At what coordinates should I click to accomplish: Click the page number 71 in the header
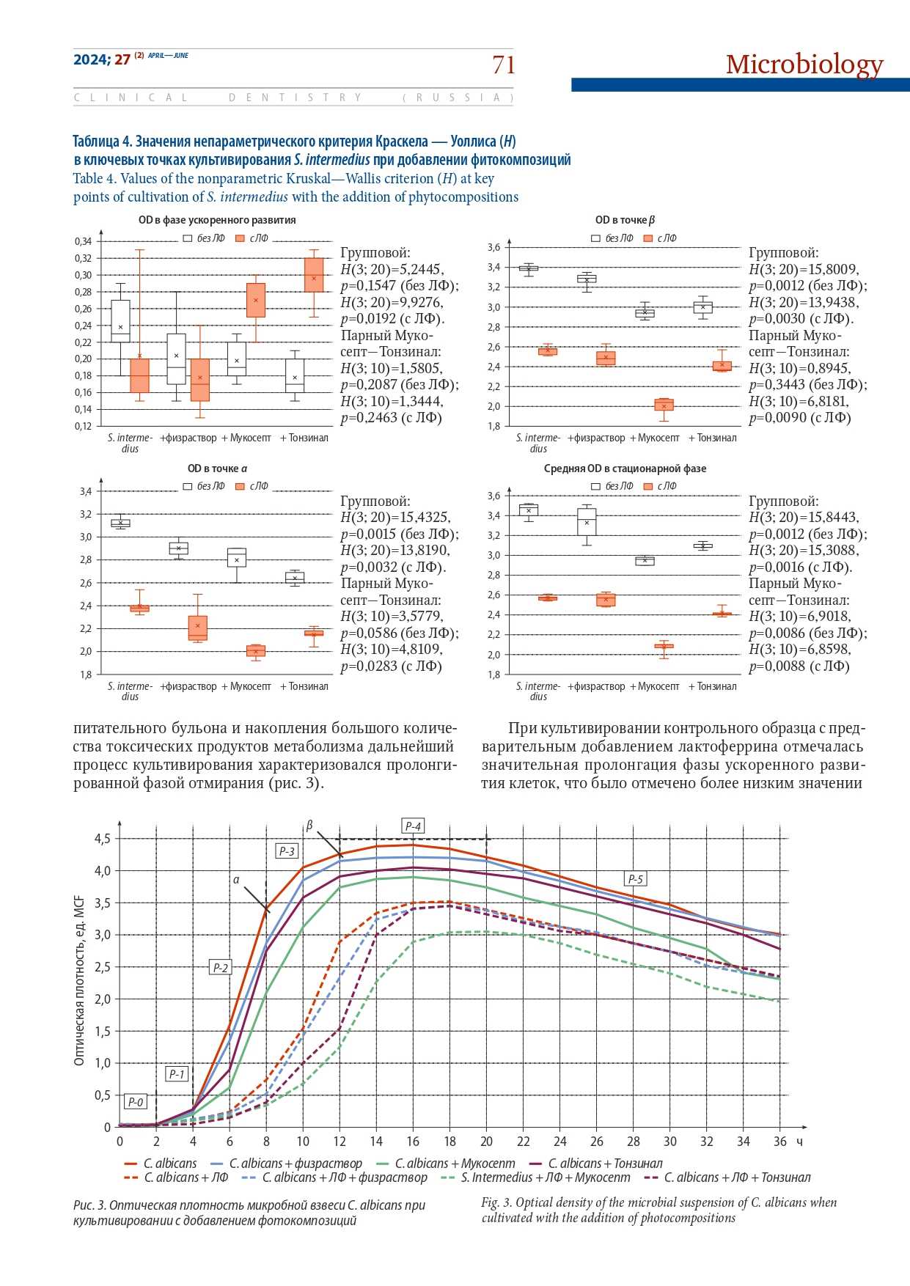504,65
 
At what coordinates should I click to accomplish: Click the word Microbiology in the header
804,65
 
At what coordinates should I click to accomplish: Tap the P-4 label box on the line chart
414,826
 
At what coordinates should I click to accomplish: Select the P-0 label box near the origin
136,1101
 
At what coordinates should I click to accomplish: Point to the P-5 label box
635,879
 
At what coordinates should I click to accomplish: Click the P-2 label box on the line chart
220,967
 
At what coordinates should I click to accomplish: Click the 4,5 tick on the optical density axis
103,839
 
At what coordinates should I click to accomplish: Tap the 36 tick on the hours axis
780,1142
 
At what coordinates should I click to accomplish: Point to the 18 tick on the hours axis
450,1142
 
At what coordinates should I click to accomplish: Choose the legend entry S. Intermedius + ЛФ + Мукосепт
546,1177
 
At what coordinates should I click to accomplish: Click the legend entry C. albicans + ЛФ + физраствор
344,1177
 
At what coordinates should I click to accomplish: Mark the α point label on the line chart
236,879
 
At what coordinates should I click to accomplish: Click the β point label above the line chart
309,826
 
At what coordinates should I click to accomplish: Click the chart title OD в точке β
625,220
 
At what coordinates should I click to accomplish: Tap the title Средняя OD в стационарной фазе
625,469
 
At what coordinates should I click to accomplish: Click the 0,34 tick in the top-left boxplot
83,241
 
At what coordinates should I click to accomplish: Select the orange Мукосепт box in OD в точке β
664,404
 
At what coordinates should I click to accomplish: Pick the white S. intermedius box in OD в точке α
120,523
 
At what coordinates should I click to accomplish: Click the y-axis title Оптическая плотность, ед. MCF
79,980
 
